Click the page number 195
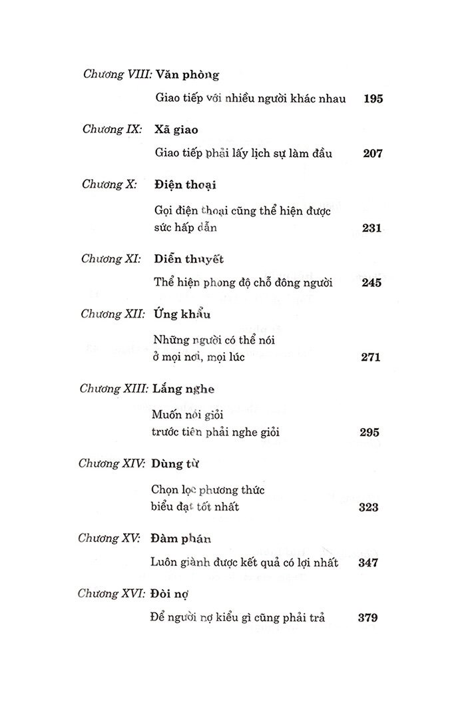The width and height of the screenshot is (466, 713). point(373,99)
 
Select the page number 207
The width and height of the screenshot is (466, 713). point(373,154)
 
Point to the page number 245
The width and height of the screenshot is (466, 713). point(371,283)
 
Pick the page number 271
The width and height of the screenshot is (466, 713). point(370,357)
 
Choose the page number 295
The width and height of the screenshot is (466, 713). point(369,433)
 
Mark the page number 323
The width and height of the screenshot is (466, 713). point(368,507)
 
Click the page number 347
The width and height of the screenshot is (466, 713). point(367,563)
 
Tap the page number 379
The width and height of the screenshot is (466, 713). point(367,617)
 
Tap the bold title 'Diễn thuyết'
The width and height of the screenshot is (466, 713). point(188,259)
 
